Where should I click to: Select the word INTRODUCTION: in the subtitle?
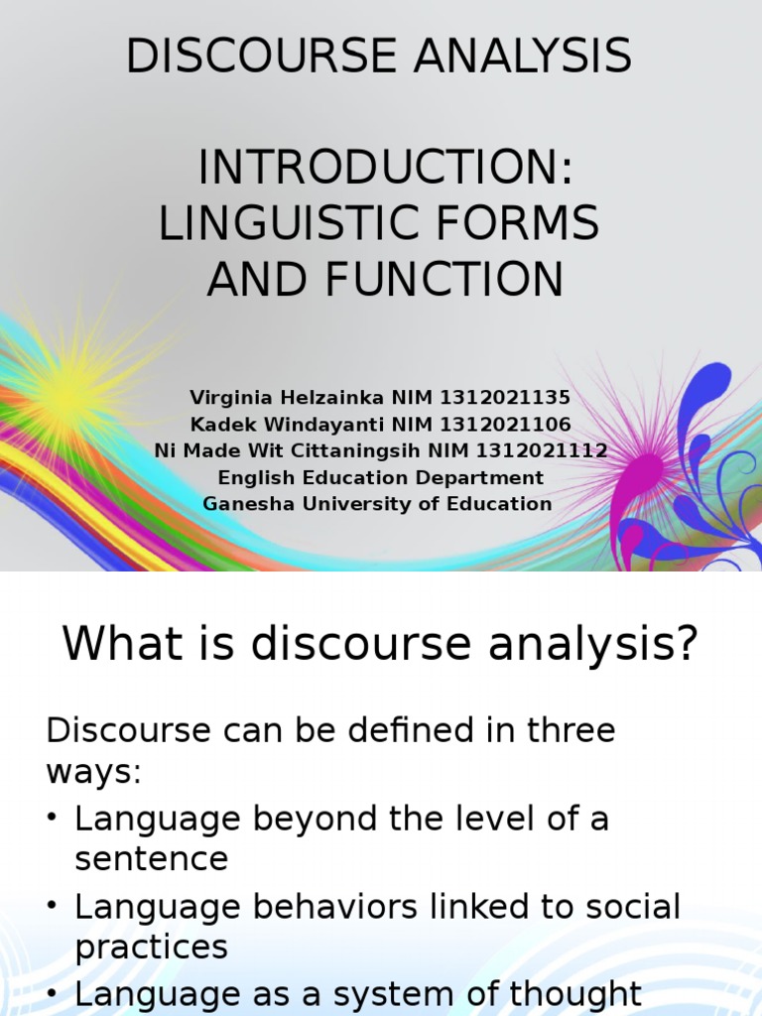tap(386, 169)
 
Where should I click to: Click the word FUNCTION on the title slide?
tap(441, 280)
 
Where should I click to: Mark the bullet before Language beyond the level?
tap(53, 821)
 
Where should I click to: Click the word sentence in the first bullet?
tap(151, 858)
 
